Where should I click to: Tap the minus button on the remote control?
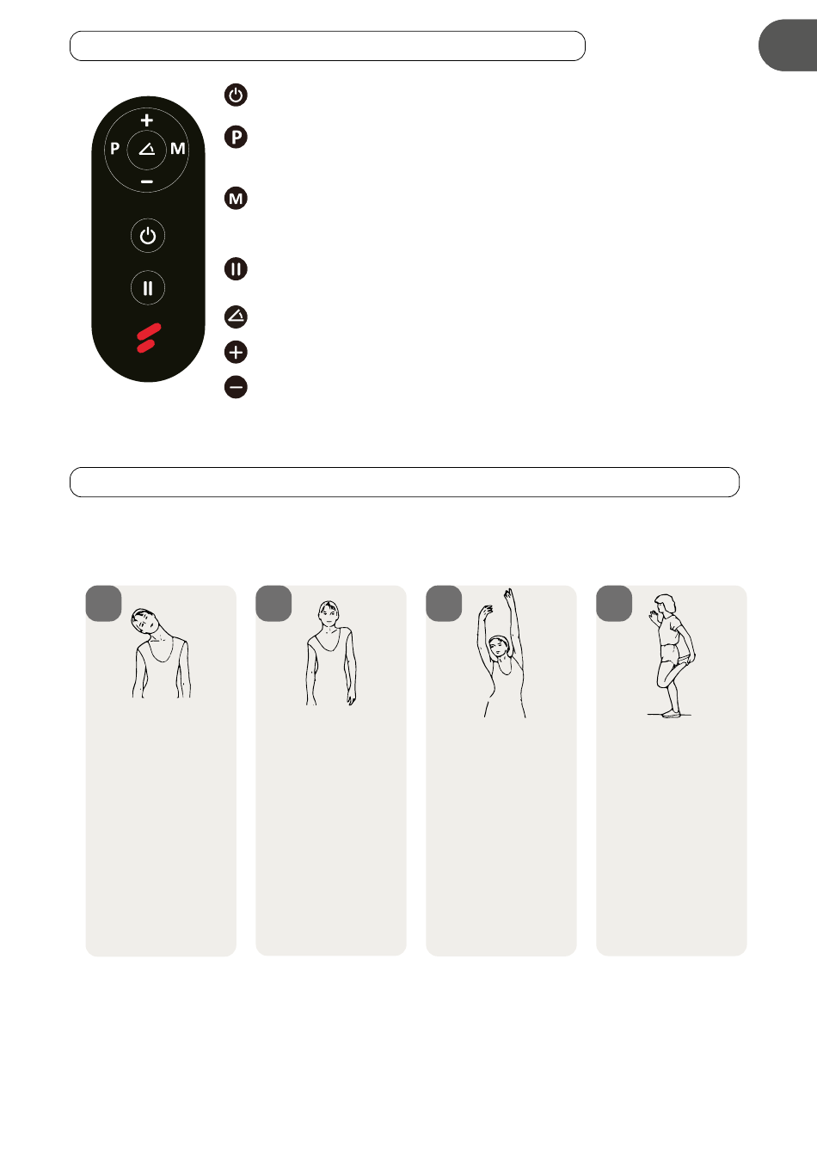[147, 181]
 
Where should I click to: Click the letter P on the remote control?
[115, 149]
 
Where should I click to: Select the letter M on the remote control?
[177, 149]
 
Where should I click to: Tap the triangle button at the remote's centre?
[147, 150]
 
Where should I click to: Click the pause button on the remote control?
[148, 288]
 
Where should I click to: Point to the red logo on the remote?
[149, 338]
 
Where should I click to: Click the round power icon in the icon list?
[236, 95]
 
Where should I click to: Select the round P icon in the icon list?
[236, 138]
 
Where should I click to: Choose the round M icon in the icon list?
[236, 198]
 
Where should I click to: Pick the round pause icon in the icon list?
[236, 269]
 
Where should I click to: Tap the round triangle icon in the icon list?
[236, 317]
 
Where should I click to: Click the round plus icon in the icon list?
[236, 353]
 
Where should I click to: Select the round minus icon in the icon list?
[236, 387]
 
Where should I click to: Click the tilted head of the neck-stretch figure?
[145, 621]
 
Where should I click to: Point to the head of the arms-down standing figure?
[329, 612]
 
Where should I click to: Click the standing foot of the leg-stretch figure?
[671, 714]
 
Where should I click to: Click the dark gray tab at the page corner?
[788, 46]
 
